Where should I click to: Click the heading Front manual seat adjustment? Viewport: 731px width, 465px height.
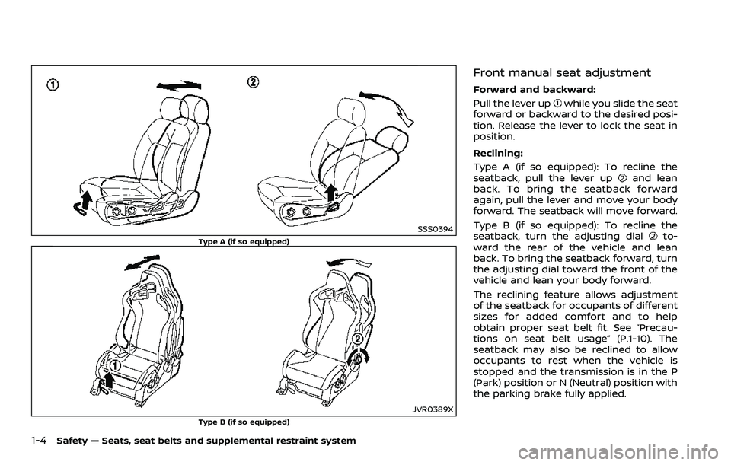click(x=561, y=73)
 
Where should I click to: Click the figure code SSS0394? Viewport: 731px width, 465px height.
click(x=436, y=229)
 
